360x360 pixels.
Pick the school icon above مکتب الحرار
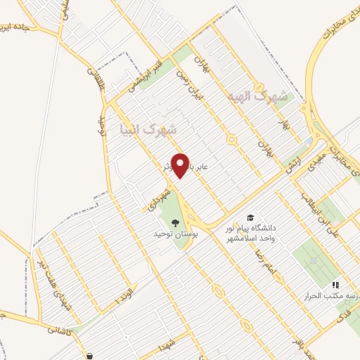coord(336,285)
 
